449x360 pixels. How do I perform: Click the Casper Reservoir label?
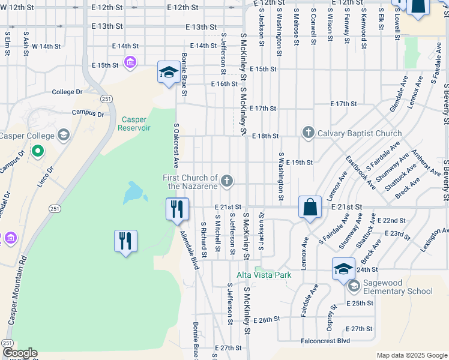click(x=134, y=123)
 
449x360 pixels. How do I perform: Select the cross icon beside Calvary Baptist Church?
click(x=309, y=133)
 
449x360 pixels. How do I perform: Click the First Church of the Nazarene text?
click(x=190, y=182)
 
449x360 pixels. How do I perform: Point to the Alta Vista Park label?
click(x=264, y=275)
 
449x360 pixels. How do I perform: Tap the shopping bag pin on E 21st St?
click(x=310, y=208)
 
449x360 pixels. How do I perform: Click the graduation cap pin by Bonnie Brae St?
click(x=169, y=73)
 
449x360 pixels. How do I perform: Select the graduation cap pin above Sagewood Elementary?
click(x=343, y=268)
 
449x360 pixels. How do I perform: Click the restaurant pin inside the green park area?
click(x=125, y=241)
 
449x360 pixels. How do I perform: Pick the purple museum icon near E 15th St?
click(x=130, y=62)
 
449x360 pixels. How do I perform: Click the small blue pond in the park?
click(x=133, y=193)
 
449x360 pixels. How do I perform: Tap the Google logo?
click(x=19, y=353)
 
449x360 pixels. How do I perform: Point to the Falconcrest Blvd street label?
click(x=325, y=341)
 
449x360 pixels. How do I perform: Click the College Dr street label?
click(x=67, y=92)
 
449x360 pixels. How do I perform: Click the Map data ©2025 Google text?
click(x=411, y=355)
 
